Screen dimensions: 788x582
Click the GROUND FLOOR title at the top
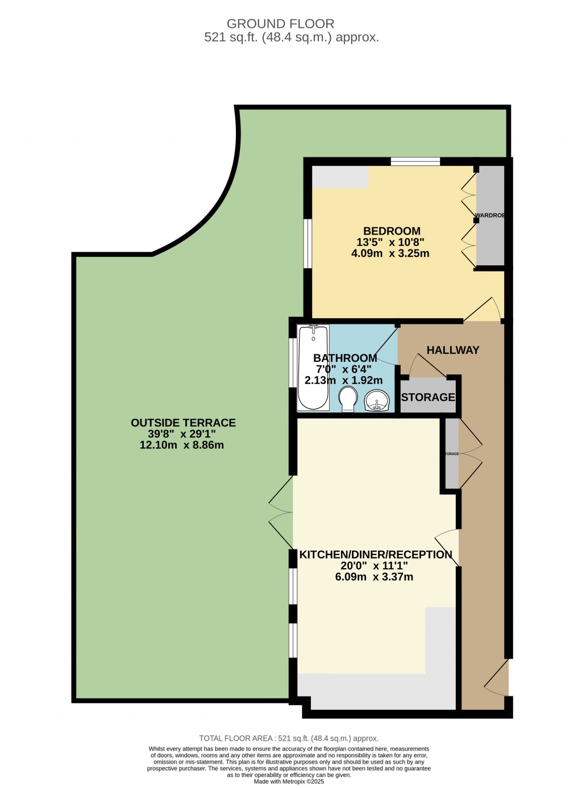(x=280, y=24)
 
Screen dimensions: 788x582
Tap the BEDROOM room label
(x=392, y=231)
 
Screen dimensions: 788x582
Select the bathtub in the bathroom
(x=313, y=367)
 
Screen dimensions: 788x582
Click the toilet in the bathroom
(x=347, y=398)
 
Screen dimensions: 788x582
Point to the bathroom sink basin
(x=376, y=401)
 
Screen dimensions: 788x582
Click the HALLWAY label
(x=452, y=351)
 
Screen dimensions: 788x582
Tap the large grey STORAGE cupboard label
(x=428, y=397)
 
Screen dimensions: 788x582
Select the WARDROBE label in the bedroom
(x=490, y=215)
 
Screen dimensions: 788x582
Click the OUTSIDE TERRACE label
(x=183, y=423)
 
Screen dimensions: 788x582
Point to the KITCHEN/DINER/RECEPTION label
(x=376, y=554)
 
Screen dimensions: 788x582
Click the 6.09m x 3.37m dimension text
(x=374, y=577)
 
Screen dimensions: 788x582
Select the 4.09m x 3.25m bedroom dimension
(x=390, y=253)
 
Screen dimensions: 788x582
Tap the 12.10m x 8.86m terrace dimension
(x=181, y=445)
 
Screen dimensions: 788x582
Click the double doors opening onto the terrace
(x=282, y=513)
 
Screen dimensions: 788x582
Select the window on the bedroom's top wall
(x=415, y=162)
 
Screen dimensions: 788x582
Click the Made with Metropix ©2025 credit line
(x=289, y=782)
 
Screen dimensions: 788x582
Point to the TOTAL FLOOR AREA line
(x=289, y=738)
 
